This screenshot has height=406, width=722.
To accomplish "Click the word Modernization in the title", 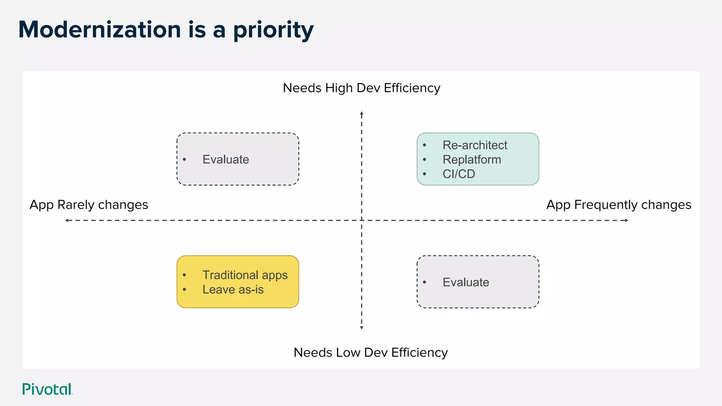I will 99,30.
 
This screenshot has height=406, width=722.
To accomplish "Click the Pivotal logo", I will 47,389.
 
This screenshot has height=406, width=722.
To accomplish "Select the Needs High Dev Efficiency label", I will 361,88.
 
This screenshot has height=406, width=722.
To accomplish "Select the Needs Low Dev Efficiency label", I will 371,352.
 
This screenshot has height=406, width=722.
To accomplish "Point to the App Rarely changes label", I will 89,205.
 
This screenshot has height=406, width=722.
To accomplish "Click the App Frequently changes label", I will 619,205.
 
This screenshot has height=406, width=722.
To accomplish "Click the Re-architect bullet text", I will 475,145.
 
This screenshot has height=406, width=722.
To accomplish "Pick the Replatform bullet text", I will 472,160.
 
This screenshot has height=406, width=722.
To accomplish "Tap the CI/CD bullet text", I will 459,174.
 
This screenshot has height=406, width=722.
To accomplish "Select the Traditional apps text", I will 245,275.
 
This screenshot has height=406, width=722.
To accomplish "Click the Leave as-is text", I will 233,290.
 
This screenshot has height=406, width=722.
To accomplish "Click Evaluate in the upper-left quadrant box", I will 226,160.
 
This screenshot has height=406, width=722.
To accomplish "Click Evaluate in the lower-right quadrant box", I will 466,282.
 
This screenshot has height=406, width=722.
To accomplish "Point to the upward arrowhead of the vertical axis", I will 361,113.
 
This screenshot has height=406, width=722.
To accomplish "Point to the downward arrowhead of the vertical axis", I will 361,328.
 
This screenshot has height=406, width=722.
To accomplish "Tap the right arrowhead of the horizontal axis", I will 627,220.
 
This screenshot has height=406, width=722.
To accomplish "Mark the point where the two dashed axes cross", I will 361,220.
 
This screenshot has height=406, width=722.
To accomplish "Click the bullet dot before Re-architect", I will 424,145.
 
